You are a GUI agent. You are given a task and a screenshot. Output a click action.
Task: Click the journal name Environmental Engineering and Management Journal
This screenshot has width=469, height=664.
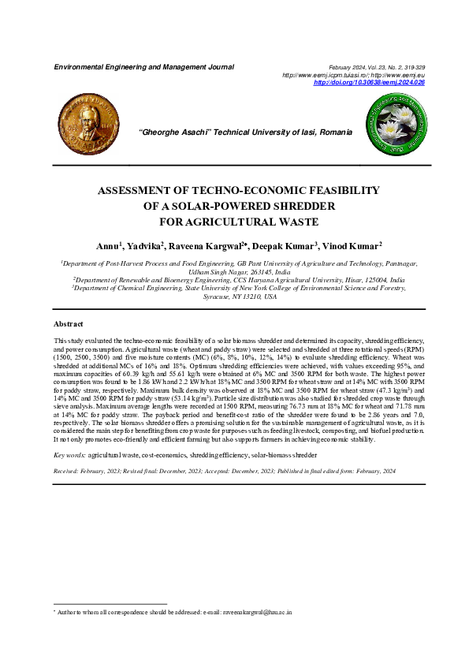[143, 67]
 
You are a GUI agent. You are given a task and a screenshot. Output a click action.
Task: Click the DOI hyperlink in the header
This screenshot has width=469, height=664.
[369, 82]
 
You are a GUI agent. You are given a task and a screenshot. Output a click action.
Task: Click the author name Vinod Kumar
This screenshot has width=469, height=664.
[352, 246]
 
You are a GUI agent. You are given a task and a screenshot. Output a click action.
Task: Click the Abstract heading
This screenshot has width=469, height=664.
[69, 325]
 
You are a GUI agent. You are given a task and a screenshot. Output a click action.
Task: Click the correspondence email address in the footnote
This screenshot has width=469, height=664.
[257, 611]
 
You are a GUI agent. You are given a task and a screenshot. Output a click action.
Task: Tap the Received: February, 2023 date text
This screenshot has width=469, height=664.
[87, 470]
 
